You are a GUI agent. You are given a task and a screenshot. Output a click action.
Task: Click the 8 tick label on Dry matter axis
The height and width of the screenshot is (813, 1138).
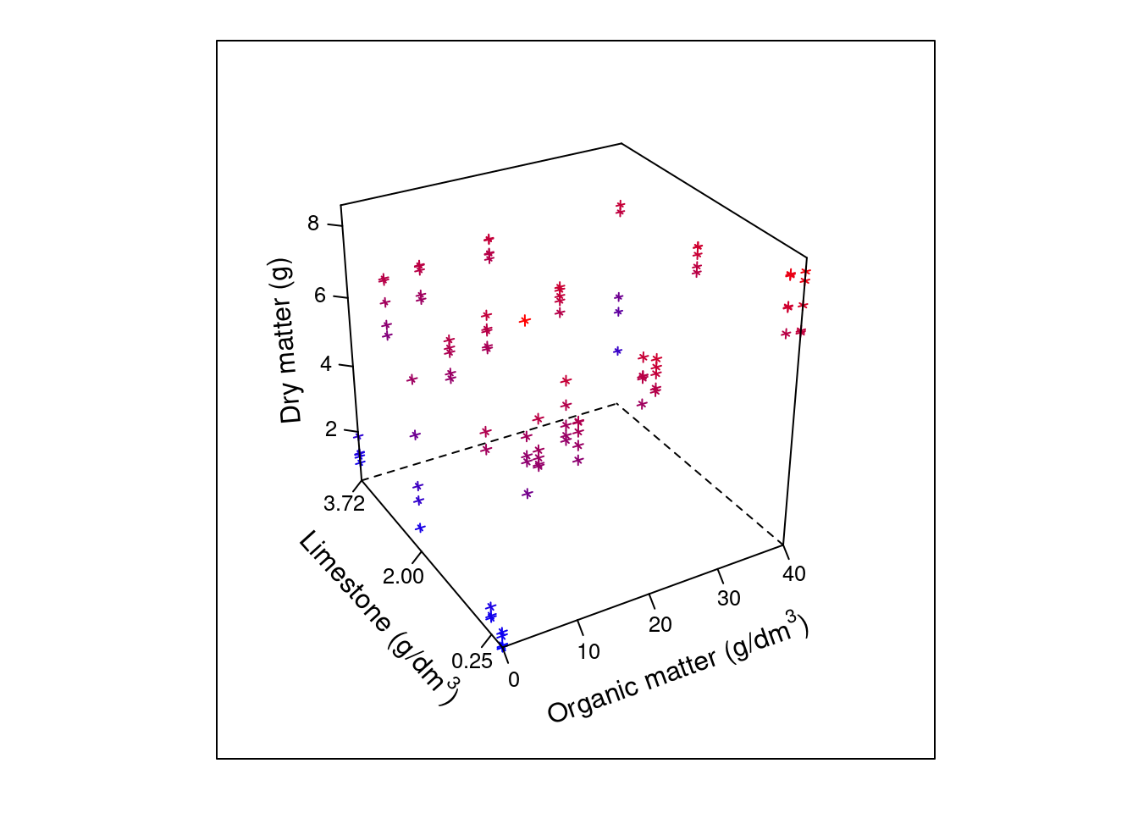tap(313, 224)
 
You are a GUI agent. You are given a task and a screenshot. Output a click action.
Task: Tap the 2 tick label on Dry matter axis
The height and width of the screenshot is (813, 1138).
tap(331, 430)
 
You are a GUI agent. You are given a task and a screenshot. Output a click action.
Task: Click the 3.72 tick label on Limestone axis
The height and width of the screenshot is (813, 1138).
tap(344, 504)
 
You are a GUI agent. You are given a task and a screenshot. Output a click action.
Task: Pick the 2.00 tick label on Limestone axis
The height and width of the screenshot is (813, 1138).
tap(403, 577)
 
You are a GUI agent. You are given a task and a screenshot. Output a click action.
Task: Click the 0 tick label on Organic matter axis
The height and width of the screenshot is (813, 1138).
tap(514, 679)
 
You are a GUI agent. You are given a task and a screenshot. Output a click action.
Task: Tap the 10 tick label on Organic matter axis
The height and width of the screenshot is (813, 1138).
tap(588, 651)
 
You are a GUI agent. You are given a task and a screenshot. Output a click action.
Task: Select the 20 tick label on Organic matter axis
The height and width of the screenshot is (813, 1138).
tap(660, 625)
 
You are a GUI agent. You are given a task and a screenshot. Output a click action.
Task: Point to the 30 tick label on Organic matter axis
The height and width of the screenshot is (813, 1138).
tap(728, 599)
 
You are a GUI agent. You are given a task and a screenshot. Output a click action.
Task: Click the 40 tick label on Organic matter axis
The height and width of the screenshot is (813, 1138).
tap(793, 574)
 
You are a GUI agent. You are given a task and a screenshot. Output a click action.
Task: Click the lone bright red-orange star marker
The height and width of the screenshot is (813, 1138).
tap(525, 320)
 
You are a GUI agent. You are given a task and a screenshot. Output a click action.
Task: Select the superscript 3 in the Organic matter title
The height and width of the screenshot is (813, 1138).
tap(792, 616)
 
